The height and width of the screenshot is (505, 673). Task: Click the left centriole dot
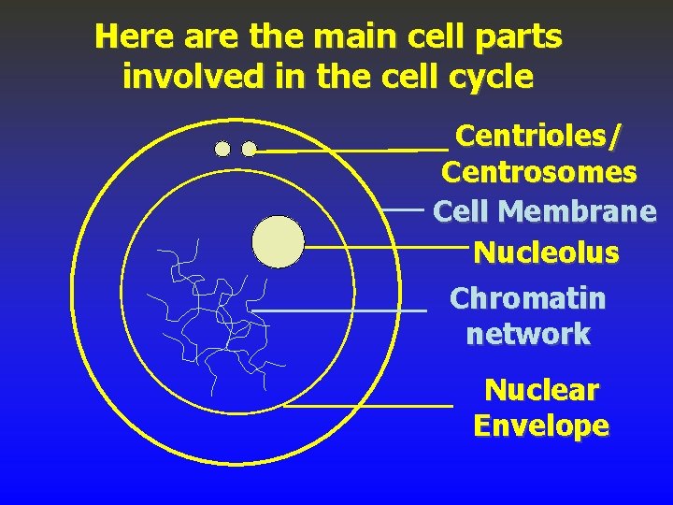pyautogui.click(x=222, y=149)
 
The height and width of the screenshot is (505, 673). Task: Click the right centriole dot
pyautogui.click(x=249, y=149)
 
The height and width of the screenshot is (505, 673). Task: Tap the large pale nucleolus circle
pyautogui.click(x=279, y=241)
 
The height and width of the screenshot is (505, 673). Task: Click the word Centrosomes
pyautogui.click(x=539, y=173)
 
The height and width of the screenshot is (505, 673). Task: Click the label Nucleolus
pyautogui.click(x=546, y=252)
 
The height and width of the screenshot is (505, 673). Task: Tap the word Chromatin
pyautogui.click(x=527, y=298)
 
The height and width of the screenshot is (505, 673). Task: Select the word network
pyautogui.click(x=528, y=334)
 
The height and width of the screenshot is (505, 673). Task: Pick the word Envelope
pyautogui.click(x=541, y=426)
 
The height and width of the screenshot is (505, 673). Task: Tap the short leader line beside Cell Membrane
pyautogui.click(x=407, y=210)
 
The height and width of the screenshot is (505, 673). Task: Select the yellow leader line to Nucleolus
pyautogui.click(x=383, y=248)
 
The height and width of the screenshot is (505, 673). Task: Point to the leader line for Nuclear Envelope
pyautogui.click(x=368, y=406)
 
